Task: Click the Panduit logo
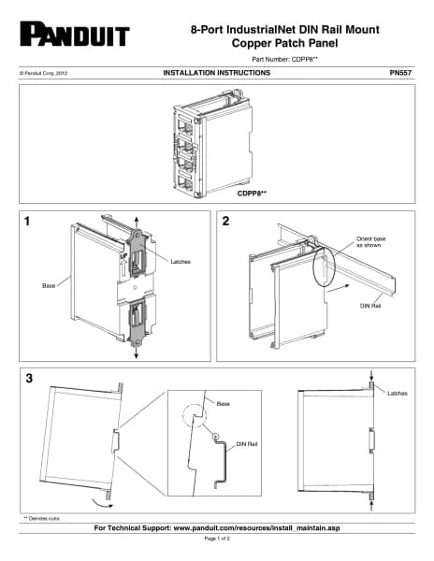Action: pyautogui.click(x=75, y=34)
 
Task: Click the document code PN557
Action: pyautogui.click(x=400, y=73)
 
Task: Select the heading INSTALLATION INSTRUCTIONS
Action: pyautogui.click(x=217, y=73)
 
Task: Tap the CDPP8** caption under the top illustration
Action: pyautogui.click(x=252, y=194)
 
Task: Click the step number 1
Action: pyautogui.click(x=27, y=222)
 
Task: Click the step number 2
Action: pyautogui.click(x=225, y=221)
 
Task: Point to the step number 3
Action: pyautogui.click(x=29, y=378)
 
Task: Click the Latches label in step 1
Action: pyautogui.click(x=181, y=262)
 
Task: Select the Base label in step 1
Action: pyautogui.click(x=49, y=285)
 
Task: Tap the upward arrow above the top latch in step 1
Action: pyautogui.click(x=136, y=223)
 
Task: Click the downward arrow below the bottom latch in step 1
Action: pyautogui.click(x=136, y=352)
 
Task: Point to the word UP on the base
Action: pyautogui.click(x=123, y=256)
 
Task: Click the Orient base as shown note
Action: pyautogui.click(x=371, y=242)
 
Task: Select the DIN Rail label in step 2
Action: pyautogui.click(x=370, y=306)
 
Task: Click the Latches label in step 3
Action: pyautogui.click(x=398, y=394)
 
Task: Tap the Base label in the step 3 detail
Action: pyautogui.click(x=223, y=404)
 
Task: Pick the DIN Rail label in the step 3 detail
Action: pyautogui.click(x=247, y=444)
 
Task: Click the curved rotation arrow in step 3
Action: pyautogui.click(x=102, y=503)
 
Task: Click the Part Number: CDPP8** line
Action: pyautogui.click(x=284, y=60)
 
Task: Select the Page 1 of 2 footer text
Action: pyautogui.click(x=217, y=539)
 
